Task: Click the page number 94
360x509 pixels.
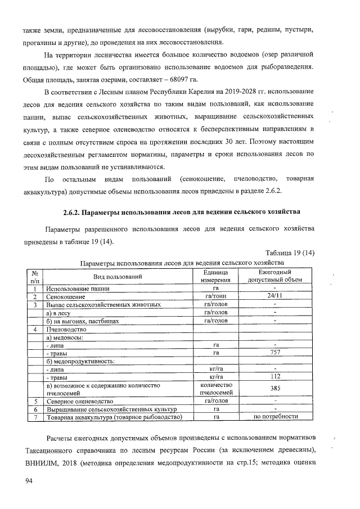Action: [x=29, y=481]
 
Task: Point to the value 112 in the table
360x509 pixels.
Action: [x=275, y=377]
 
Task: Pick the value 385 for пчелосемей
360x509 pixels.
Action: [x=275, y=389]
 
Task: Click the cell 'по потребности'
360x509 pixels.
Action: [x=275, y=417]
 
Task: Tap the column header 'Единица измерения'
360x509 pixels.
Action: [x=216, y=276]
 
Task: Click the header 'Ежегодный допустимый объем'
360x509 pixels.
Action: [x=275, y=276]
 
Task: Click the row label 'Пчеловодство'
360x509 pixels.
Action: [x=66, y=328]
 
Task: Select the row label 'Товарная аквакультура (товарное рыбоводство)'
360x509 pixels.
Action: [x=115, y=417]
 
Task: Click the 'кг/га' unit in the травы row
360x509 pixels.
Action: [x=216, y=377]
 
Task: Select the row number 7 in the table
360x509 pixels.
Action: [x=34, y=417]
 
